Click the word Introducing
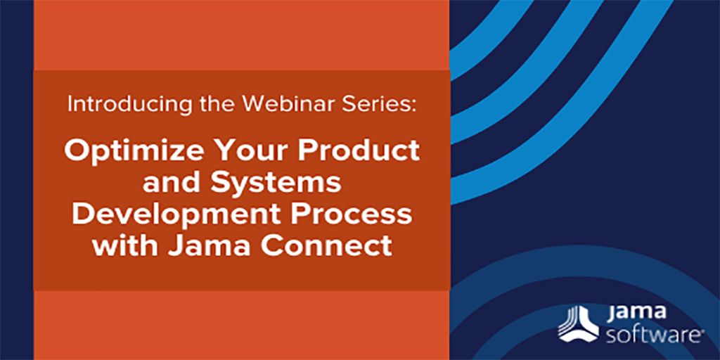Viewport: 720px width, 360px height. (127, 105)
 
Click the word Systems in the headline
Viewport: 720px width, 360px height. (276, 184)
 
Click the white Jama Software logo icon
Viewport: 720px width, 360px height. (578, 324)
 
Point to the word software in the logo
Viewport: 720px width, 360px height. (652, 335)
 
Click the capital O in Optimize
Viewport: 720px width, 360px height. (76, 151)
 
